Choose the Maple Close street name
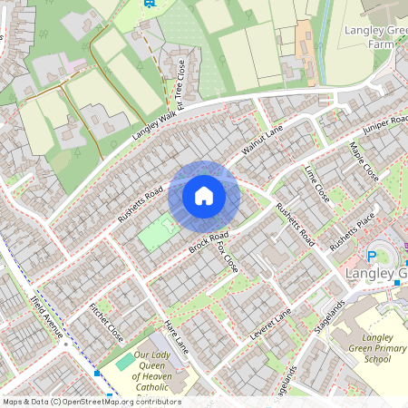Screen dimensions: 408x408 tap(363, 160)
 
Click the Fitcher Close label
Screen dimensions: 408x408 tap(106, 322)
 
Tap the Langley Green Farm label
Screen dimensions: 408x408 tap(373, 37)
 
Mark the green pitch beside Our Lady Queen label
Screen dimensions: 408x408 tap(125, 361)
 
